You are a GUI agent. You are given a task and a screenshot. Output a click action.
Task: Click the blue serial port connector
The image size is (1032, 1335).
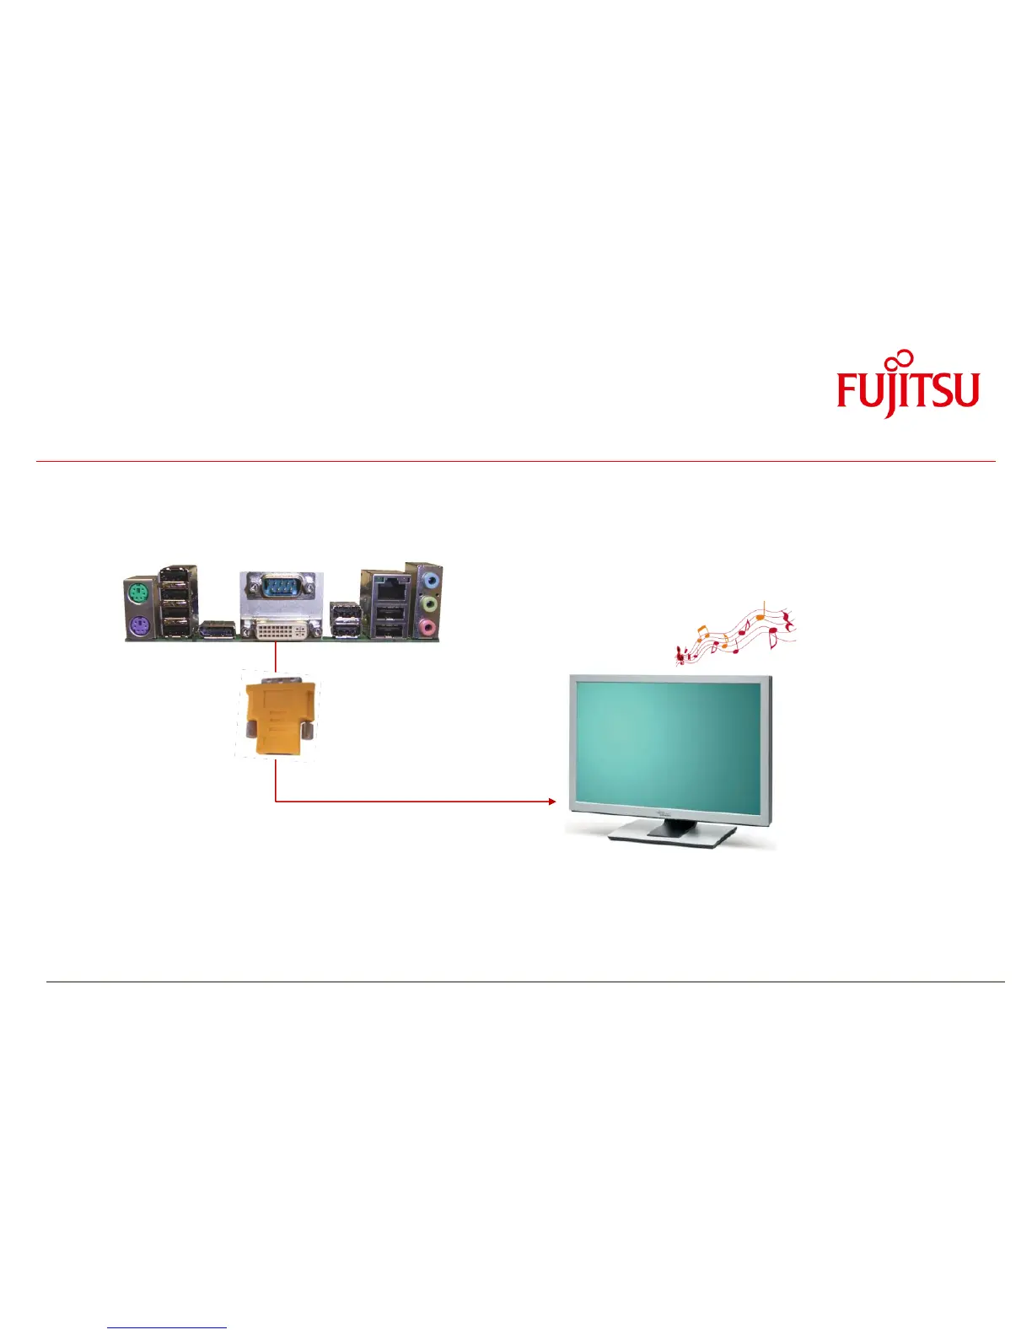(281, 585)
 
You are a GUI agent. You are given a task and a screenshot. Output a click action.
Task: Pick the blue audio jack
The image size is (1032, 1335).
(430, 581)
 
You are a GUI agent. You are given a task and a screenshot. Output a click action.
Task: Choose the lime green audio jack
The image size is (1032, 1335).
(430, 603)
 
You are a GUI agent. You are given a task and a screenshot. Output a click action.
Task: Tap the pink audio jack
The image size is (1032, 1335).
(429, 626)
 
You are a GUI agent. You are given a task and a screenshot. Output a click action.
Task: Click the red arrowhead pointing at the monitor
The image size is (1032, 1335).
(552, 802)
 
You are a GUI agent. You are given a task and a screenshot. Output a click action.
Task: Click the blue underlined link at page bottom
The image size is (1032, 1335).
(167, 1327)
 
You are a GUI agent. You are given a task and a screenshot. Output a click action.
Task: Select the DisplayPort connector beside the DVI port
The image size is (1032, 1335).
(217, 629)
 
